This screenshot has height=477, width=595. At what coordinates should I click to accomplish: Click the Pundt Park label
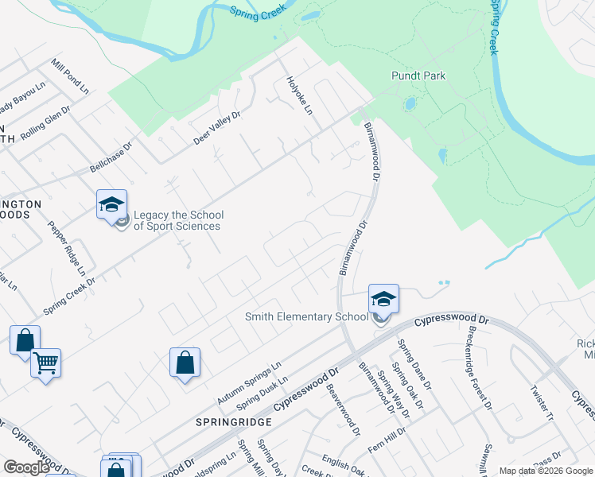point(418,76)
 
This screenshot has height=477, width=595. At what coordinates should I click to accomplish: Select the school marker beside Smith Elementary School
point(383,301)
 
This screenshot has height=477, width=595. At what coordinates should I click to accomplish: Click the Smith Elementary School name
point(306,316)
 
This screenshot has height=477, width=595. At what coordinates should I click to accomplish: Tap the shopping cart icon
point(46,363)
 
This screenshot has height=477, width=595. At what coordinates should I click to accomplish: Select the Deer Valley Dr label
point(216,127)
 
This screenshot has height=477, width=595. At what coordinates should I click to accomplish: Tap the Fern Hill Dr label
point(387,440)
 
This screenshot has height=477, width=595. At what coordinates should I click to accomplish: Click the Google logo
point(27,467)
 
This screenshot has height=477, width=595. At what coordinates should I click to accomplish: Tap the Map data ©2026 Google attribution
point(545,471)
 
